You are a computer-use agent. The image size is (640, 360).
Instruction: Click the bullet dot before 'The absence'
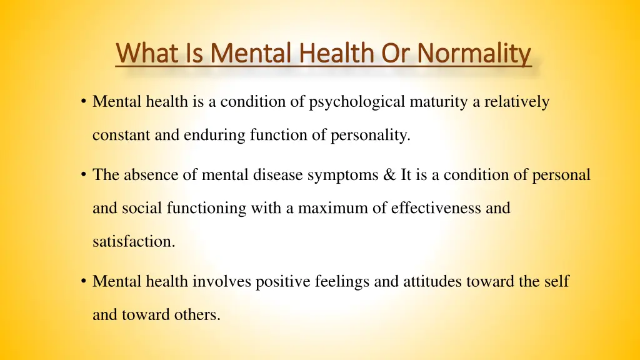click(83, 176)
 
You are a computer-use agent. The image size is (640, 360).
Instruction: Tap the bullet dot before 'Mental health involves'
click(83, 282)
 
